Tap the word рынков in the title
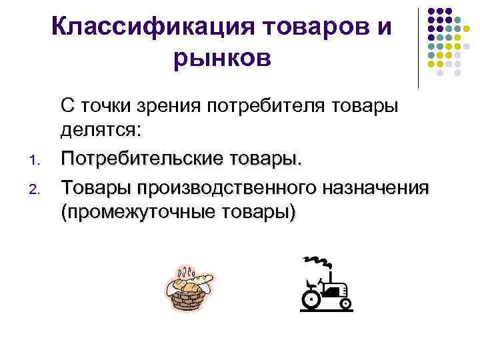pyautogui.click(x=223, y=59)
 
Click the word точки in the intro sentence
pyautogui.click(x=107, y=106)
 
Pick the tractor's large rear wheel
pyautogui.click(x=311, y=300)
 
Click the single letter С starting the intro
pyautogui.click(x=67, y=106)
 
